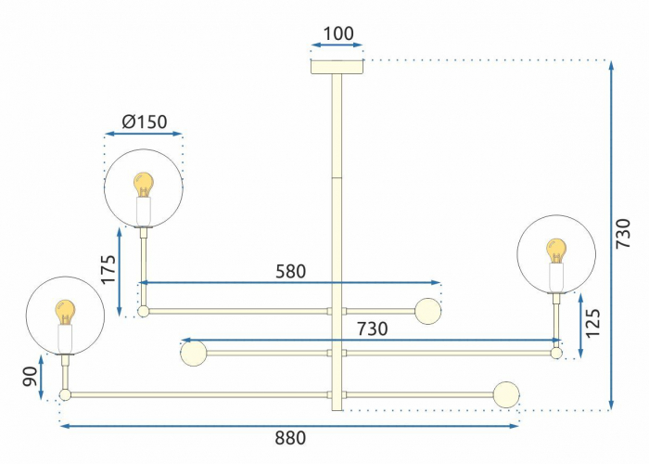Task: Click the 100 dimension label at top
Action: [338, 33]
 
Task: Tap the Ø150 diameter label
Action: [145, 122]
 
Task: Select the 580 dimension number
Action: [290, 271]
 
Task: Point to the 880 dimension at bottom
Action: [290, 438]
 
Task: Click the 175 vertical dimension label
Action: [108, 269]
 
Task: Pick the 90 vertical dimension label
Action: [31, 377]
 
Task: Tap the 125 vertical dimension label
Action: [592, 323]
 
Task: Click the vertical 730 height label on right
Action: [623, 234]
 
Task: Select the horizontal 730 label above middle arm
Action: [373, 329]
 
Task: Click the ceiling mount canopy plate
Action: [337, 67]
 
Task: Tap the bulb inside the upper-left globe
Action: [144, 186]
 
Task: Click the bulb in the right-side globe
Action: [556, 251]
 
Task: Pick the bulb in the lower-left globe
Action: [66, 313]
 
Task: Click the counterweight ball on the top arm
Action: [428, 311]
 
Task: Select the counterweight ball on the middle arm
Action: [193, 353]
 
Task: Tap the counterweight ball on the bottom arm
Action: [506, 394]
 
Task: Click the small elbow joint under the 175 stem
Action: [143, 311]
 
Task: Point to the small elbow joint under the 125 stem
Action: [556, 353]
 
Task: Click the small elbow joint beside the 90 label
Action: [66, 394]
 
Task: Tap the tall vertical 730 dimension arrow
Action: [611, 236]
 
